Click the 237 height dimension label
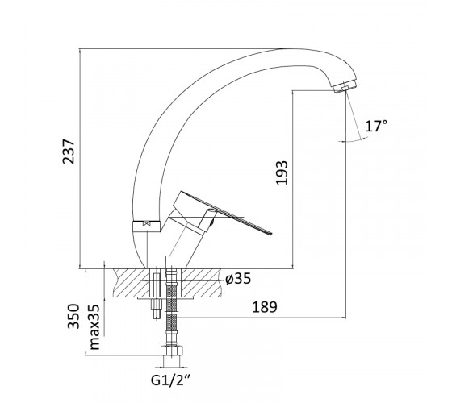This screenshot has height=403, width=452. click(x=69, y=152)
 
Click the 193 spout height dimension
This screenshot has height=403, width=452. click(x=282, y=172)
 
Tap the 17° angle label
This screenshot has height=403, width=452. click(x=376, y=126)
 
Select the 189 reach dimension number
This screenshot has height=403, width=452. click(x=265, y=307)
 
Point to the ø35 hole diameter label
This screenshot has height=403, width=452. click(x=238, y=278)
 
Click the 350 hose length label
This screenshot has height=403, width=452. click(x=73, y=316)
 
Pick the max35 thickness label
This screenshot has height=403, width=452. click(x=94, y=326)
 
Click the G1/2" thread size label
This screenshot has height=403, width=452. click(x=170, y=380)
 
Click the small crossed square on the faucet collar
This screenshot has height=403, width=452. click(x=147, y=224)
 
